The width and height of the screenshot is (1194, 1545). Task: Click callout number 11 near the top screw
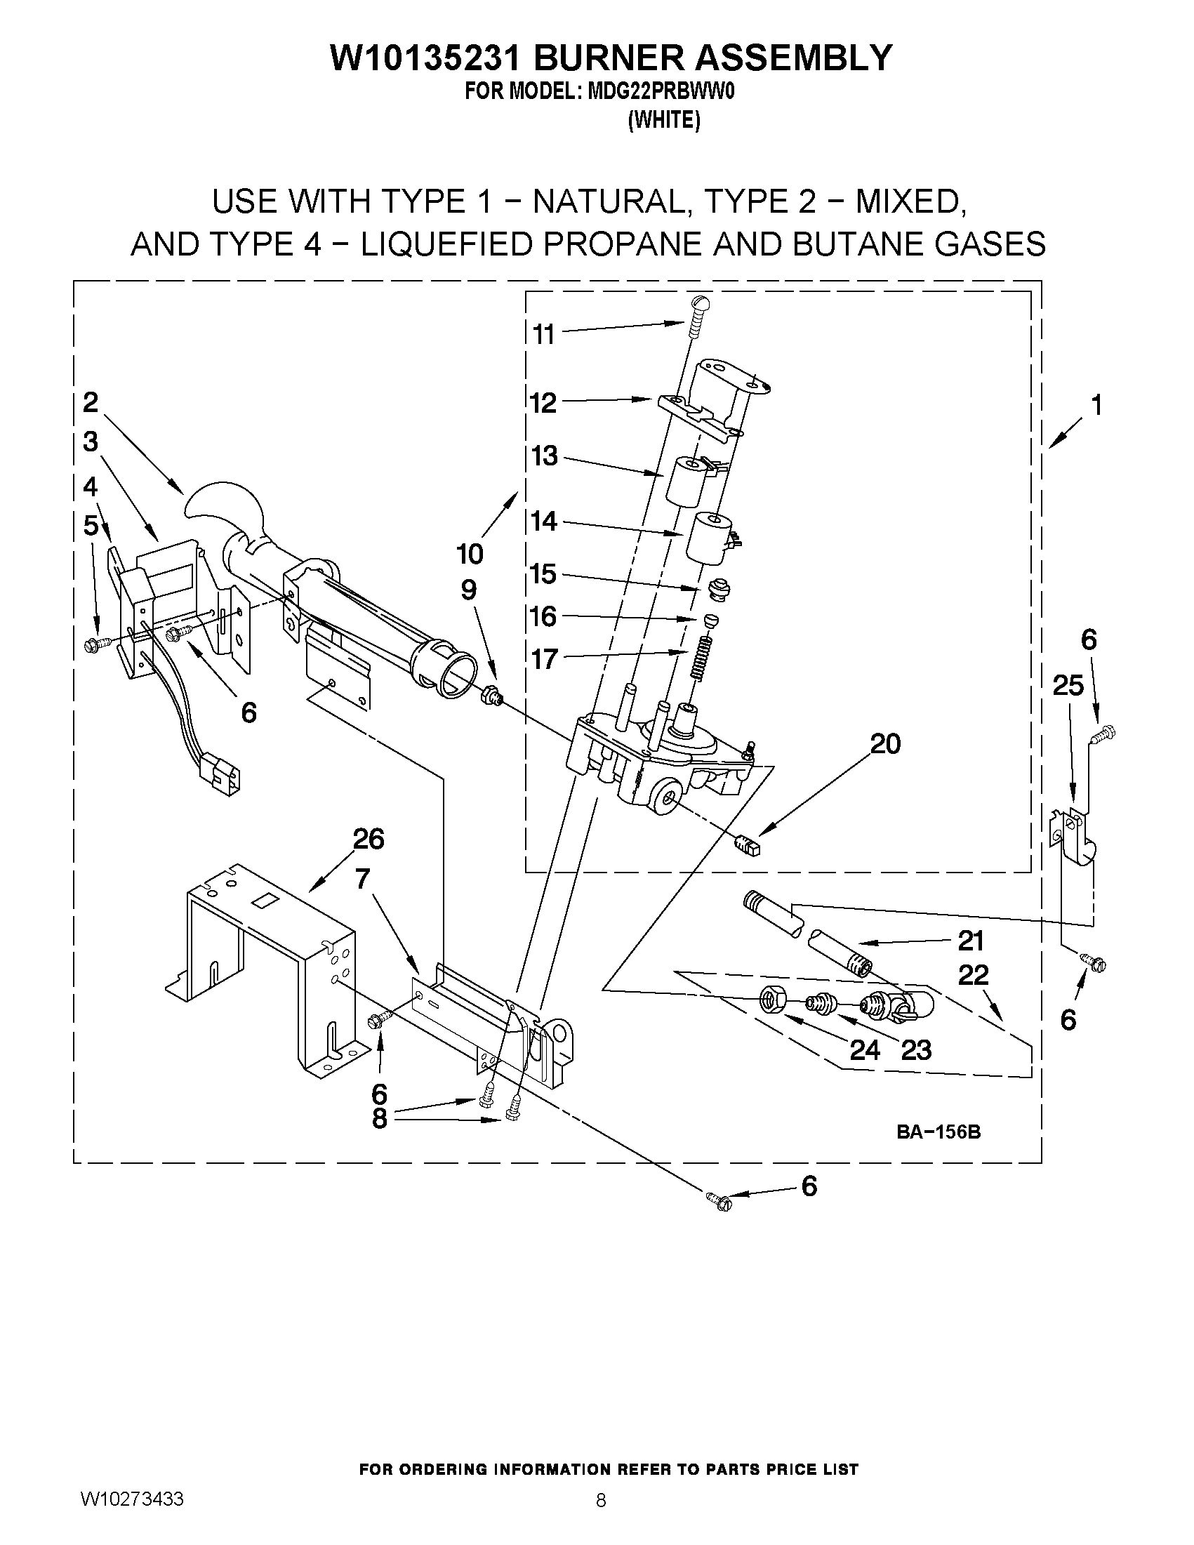pyautogui.click(x=543, y=334)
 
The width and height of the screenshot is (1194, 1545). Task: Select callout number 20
pyautogui.click(x=885, y=743)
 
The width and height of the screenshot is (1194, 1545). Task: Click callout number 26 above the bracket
pyautogui.click(x=368, y=839)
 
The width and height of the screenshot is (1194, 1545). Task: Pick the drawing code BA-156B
pyautogui.click(x=938, y=1132)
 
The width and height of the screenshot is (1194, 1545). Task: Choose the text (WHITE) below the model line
pyautogui.click(x=663, y=121)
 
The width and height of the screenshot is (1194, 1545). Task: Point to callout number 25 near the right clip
pyautogui.click(x=1068, y=685)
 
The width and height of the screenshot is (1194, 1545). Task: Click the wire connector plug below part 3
pyautogui.click(x=219, y=771)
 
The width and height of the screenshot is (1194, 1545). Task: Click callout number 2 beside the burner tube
pyautogui.click(x=91, y=402)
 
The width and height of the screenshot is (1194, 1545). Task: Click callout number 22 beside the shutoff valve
pyautogui.click(x=973, y=976)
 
